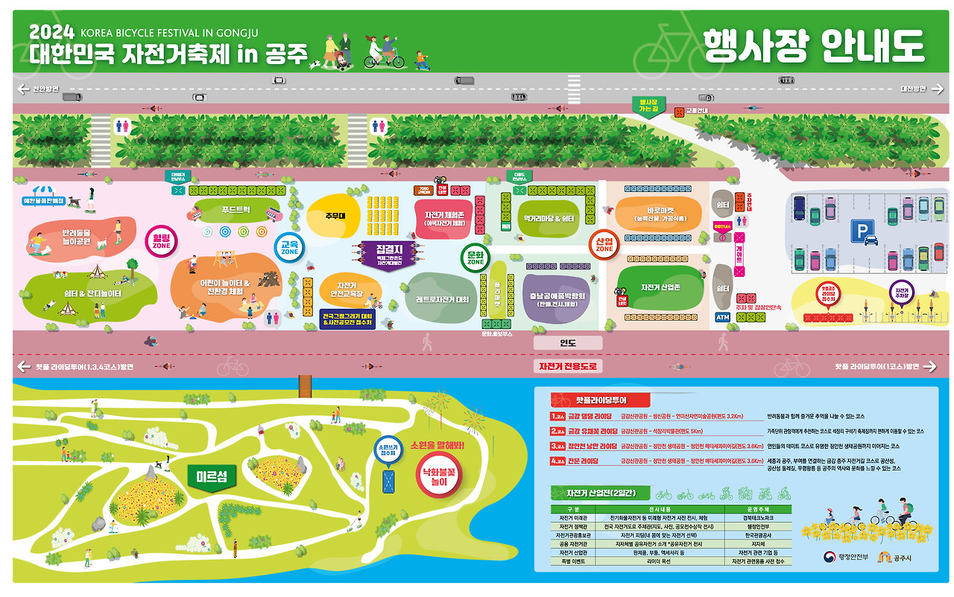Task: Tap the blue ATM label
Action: pos(722,317)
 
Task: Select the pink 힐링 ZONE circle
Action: pos(162,240)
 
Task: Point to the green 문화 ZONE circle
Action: pos(476,258)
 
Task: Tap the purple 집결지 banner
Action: pos(389,253)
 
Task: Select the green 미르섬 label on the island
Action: pos(212,476)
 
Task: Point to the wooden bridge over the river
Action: pos(305,385)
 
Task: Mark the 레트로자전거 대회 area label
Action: pos(442,298)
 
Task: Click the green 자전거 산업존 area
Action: pos(661,287)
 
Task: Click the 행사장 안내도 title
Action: pos(813,46)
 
